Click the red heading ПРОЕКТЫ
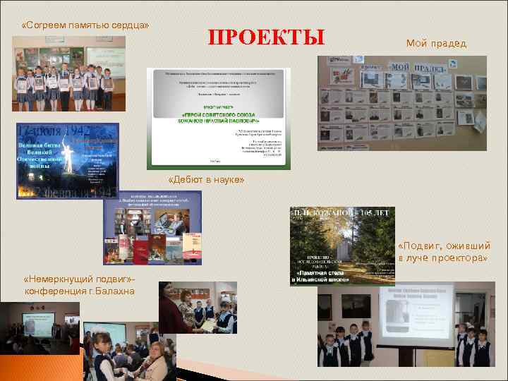[x=267, y=37]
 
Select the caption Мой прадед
[x=435, y=44]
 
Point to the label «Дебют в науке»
[x=207, y=180]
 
